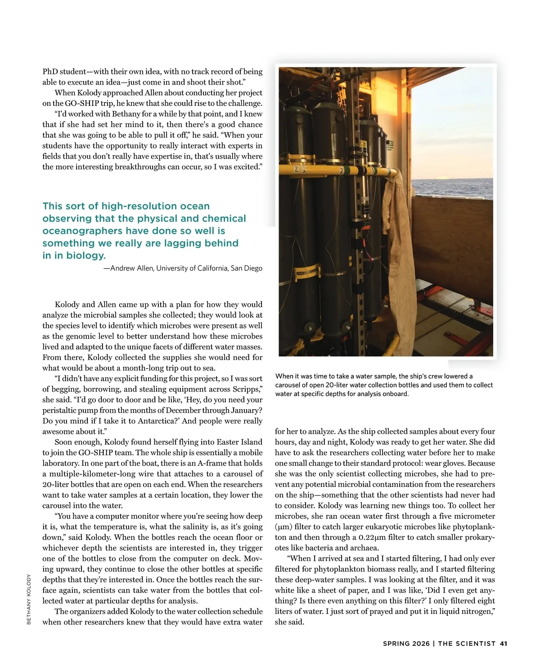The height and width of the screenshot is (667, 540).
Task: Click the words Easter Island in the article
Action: [x=239, y=442]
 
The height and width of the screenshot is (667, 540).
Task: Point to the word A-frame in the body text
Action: [x=212, y=463]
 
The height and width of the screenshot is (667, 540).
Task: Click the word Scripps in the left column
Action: [x=246, y=389]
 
